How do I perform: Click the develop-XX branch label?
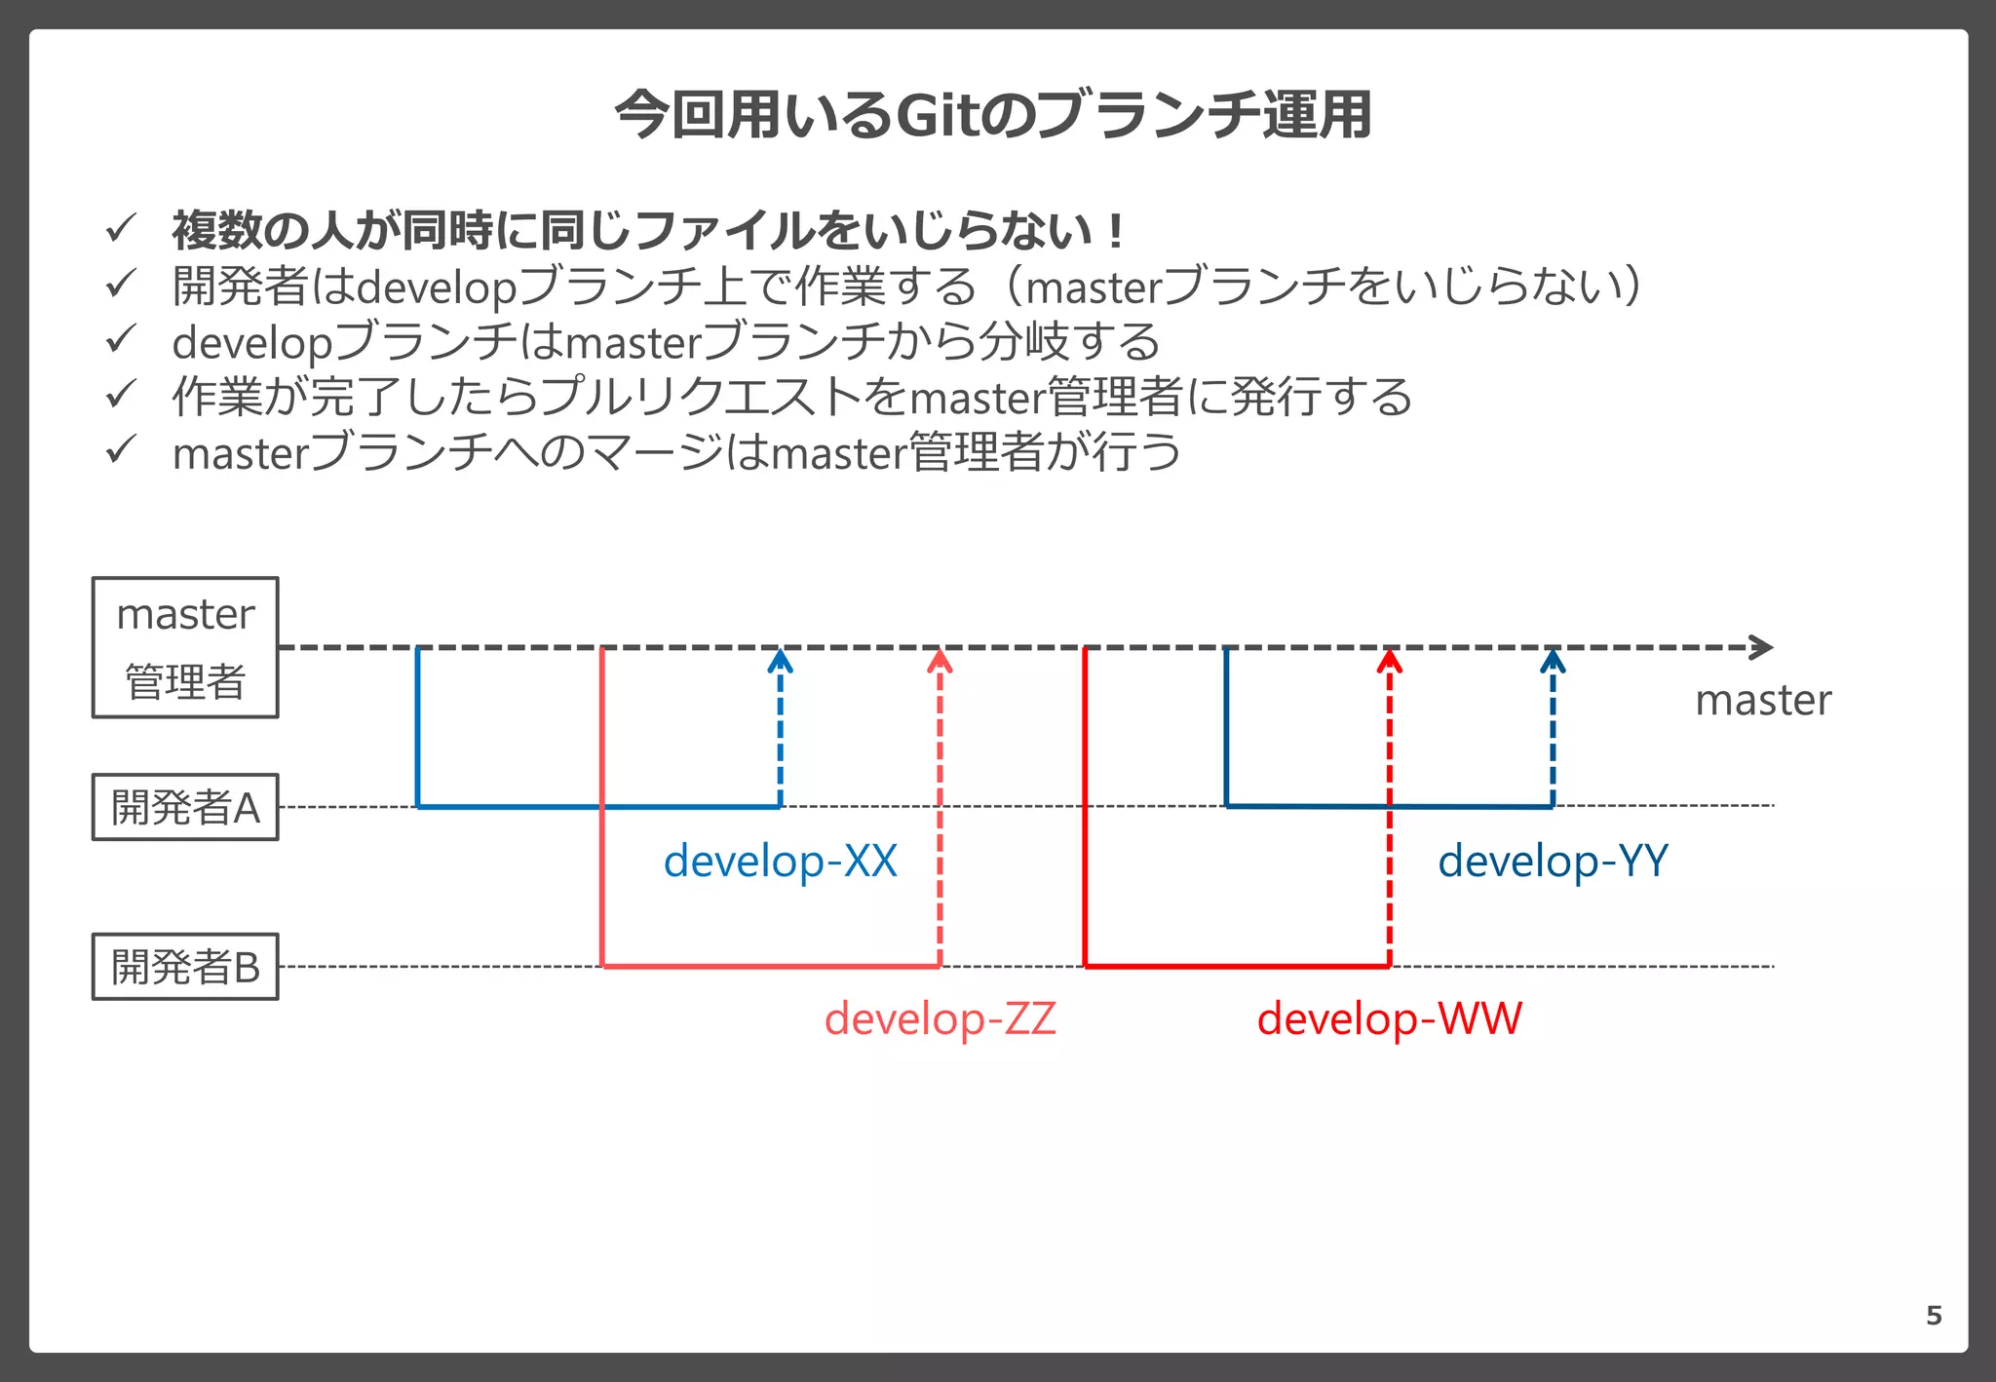coord(780,862)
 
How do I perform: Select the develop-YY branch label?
coord(1553,862)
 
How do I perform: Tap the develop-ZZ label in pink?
coord(940,1019)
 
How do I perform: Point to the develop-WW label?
coord(1389,1019)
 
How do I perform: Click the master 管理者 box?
coord(185,648)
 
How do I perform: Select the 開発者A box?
coord(185,807)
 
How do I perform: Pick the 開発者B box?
coord(185,967)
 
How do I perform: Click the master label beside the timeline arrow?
coord(1762,701)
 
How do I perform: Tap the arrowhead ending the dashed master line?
coord(1762,647)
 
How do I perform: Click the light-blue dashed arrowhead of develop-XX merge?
coord(780,662)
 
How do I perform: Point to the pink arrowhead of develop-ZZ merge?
coord(940,662)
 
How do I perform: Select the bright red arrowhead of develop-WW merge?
coord(1389,662)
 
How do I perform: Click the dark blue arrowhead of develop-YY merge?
coord(1553,662)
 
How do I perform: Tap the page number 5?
coord(1934,1316)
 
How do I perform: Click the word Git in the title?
coord(936,115)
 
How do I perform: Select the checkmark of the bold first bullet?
coord(120,229)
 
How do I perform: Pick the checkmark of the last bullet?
coord(120,450)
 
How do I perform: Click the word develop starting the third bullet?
coord(252,343)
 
